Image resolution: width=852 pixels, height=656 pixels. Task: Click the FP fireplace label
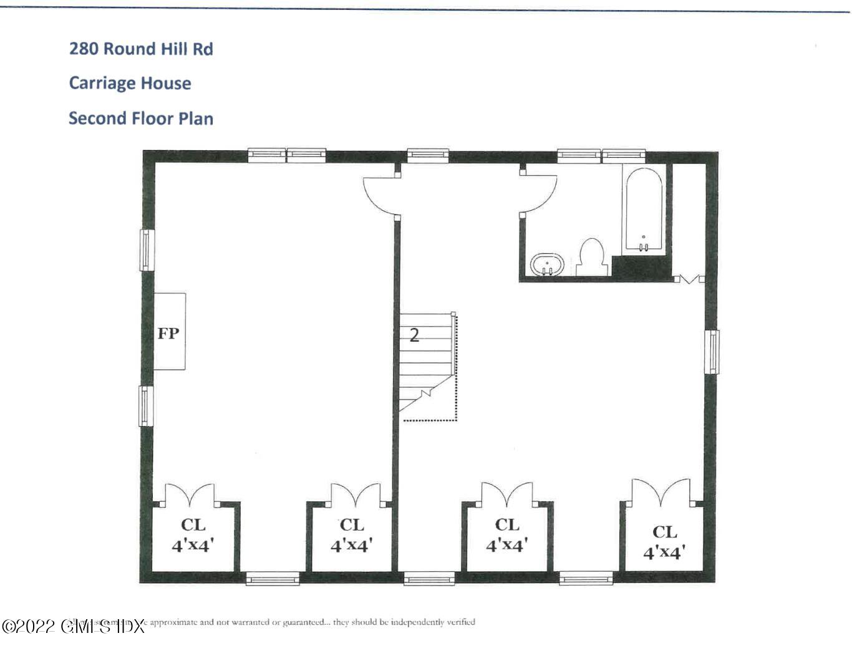click(x=168, y=333)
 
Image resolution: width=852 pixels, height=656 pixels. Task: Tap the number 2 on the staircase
click(x=414, y=335)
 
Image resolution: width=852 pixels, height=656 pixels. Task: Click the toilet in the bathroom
click(x=591, y=256)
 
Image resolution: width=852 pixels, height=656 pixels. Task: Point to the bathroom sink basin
click(x=547, y=264)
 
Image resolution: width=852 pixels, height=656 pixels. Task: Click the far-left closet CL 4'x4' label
click(x=193, y=535)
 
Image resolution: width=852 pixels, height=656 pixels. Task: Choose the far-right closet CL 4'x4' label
click(x=665, y=542)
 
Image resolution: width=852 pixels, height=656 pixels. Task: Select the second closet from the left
click(x=352, y=535)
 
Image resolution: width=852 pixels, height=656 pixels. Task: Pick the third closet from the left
click(x=507, y=535)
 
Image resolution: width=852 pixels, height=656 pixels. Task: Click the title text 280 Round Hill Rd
click(x=141, y=49)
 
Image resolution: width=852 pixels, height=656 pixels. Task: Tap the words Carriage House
click(x=130, y=83)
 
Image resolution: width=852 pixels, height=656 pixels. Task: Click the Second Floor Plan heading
click(x=141, y=118)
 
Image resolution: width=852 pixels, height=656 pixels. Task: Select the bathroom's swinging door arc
click(x=539, y=193)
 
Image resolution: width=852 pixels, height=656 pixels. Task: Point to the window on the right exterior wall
click(x=711, y=352)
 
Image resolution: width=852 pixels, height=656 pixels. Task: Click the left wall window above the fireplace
click(x=147, y=250)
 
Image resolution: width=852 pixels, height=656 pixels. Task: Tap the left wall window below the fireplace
click(x=146, y=406)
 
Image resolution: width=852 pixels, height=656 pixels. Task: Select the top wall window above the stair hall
click(x=428, y=155)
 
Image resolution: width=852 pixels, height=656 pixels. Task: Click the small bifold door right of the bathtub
click(x=689, y=279)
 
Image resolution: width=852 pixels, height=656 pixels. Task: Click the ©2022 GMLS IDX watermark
click(x=73, y=626)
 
